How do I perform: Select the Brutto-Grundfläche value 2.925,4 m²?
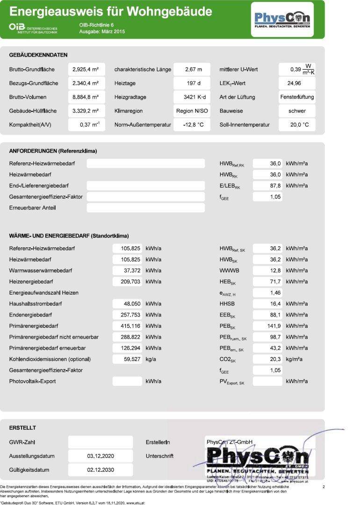(x=86, y=70)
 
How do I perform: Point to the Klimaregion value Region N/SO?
(x=192, y=111)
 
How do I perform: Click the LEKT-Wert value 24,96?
(x=296, y=84)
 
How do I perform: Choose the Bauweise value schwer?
(x=297, y=111)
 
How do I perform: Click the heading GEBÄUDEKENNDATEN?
(x=38, y=55)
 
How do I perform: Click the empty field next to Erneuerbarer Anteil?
(x=145, y=208)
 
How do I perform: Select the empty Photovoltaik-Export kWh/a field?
(x=127, y=382)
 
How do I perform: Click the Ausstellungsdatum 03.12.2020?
(x=101, y=456)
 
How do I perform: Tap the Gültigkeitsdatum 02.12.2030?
(x=101, y=470)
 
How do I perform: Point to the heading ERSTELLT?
(x=22, y=428)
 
